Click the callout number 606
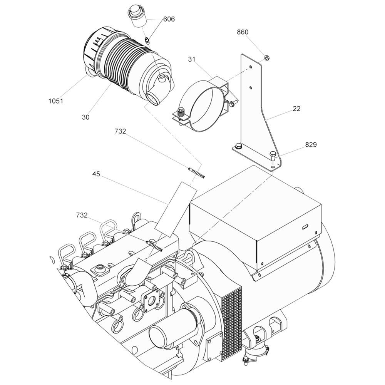point(169,19)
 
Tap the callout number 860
point(243,32)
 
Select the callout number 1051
point(56,101)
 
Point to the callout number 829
point(311,145)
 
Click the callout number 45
point(96,174)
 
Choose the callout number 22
point(296,109)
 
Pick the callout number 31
point(192,59)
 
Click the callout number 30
point(86,117)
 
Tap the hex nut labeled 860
point(266,58)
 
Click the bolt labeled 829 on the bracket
point(273,156)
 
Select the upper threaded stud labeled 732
point(196,173)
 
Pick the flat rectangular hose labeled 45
point(176,209)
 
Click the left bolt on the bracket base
point(238,146)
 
